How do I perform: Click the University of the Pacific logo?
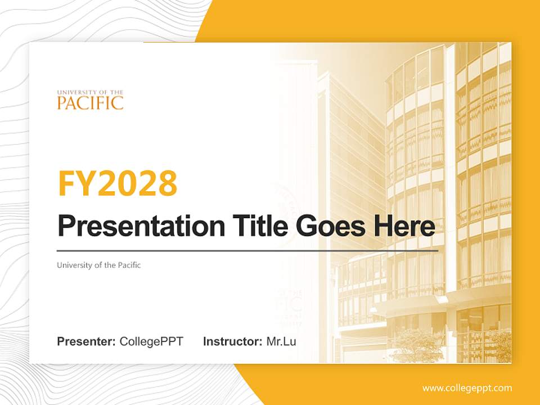click(x=90, y=99)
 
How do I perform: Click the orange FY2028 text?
click(x=118, y=183)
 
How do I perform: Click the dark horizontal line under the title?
click(x=247, y=250)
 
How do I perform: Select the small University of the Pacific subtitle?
click(x=99, y=265)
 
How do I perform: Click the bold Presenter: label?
click(x=87, y=341)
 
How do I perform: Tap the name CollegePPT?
click(x=151, y=341)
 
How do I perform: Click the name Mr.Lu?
click(x=281, y=341)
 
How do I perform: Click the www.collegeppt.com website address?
click(x=467, y=388)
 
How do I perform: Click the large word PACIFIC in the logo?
click(x=90, y=103)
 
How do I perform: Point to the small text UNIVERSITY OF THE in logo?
click(x=90, y=92)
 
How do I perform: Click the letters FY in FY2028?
click(x=76, y=183)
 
